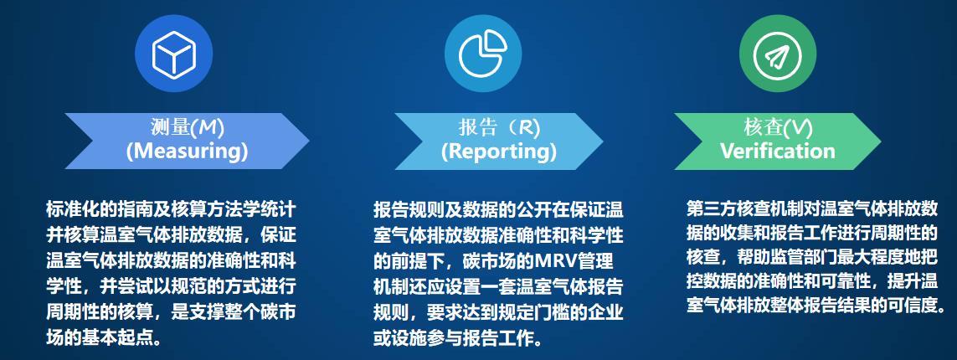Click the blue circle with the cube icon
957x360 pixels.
[174, 53]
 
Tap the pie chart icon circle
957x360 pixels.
[483, 53]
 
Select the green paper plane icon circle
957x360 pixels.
[777, 53]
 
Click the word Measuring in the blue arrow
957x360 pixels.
[187, 152]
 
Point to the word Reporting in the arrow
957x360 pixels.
[499, 152]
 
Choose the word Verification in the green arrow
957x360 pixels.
[777, 151]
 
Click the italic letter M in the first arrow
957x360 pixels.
[208, 127]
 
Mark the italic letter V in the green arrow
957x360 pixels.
[798, 127]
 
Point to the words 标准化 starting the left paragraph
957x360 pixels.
[71, 209]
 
